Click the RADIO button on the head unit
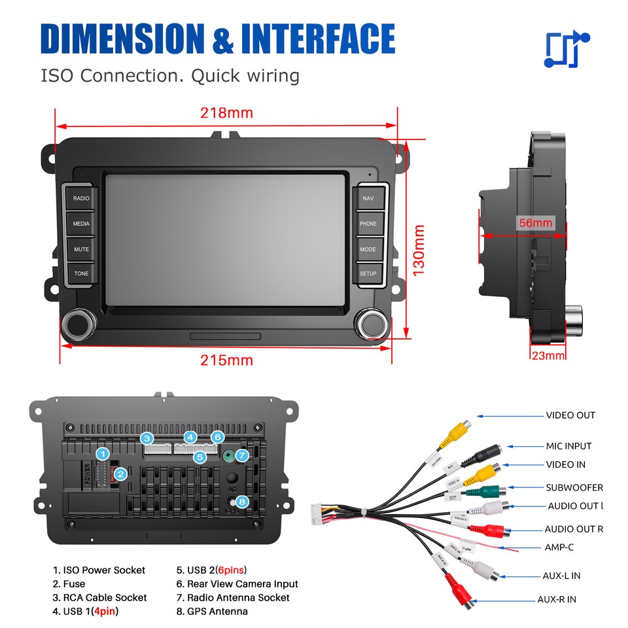tap(81, 198)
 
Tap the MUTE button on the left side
tap(81, 249)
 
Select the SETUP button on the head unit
tap(368, 273)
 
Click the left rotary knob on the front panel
tap(78, 325)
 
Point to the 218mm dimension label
tap(226, 113)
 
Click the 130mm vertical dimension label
tap(419, 249)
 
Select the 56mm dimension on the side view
tap(535, 223)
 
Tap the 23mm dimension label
tap(548, 355)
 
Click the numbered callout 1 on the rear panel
tap(102, 453)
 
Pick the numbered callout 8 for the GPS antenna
tap(242, 502)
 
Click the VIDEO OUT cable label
tap(570, 415)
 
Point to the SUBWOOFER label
tap(574, 487)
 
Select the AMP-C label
tap(559, 548)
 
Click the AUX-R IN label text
tap(557, 599)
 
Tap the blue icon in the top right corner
tap(567, 50)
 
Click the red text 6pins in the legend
tap(231, 570)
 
